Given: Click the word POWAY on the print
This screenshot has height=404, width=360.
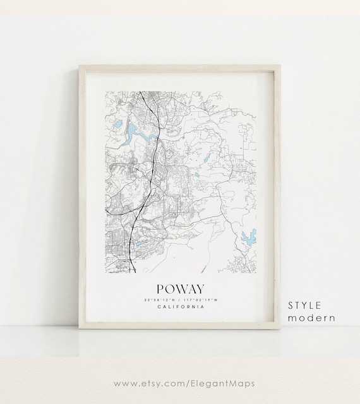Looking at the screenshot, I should pyautogui.click(x=181, y=288).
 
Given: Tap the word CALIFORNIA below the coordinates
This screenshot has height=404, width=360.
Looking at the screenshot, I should pyautogui.click(x=181, y=307).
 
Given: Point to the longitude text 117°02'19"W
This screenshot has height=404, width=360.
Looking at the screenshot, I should pyautogui.click(x=201, y=299).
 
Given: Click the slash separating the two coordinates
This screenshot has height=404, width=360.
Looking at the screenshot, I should pyautogui.click(x=181, y=299).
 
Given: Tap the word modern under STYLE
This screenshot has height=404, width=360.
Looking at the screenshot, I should pyautogui.click(x=311, y=318).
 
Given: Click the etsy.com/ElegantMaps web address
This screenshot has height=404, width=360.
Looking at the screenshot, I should pyautogui.click(x=179, y=383).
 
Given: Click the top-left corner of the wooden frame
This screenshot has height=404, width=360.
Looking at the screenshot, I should pyautogui.click(x=80, y=66).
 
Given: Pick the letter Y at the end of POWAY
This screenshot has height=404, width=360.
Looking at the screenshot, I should pyautogui.click(x=203, y=288).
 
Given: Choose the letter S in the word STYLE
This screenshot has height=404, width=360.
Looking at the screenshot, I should pyautogui.click(x=291, y=305).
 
